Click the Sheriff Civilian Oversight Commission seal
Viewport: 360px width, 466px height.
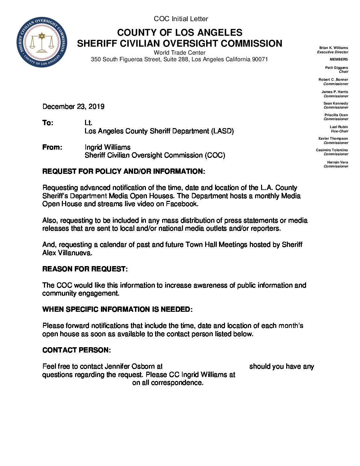click(42, 42)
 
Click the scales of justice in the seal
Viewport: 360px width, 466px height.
click(42, 43)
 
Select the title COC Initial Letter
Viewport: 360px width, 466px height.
click(181, 19)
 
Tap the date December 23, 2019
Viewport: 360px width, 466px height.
click(73, 107)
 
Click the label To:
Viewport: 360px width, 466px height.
click(48, 123)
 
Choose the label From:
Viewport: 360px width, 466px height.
click(52, 147)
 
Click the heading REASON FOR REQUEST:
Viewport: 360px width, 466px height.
click(85, 269)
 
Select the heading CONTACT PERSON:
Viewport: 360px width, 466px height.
click(76, 350)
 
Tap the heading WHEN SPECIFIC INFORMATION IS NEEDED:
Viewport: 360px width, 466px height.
click(117, 309)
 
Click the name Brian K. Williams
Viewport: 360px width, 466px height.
click(334, 48)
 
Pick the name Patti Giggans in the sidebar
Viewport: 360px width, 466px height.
click(337, 68)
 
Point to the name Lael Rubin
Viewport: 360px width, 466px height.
click(338, 127)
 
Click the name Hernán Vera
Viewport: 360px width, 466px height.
click(337, 162)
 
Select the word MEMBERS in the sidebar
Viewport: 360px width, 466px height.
click(338, 60)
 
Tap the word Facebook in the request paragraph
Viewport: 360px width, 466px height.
click(182, 204)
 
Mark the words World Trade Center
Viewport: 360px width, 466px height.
click(179, 53)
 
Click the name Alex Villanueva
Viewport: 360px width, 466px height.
click(67, 253)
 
